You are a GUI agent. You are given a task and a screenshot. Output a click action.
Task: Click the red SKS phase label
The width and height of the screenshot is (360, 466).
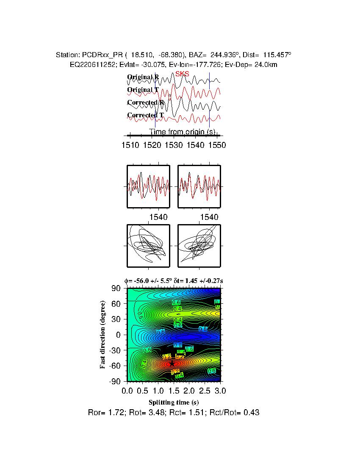(x=182, y=74)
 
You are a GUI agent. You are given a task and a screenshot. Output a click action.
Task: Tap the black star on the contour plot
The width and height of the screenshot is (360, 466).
(x=172, y=363)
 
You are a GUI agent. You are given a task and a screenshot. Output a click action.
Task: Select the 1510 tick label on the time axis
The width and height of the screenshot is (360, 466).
(x=130, y=145)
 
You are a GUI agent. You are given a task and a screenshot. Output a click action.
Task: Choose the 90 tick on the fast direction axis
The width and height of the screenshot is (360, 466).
(x=117, y=288)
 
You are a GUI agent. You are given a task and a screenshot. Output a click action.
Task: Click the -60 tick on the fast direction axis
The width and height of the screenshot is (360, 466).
(x=115, y=366)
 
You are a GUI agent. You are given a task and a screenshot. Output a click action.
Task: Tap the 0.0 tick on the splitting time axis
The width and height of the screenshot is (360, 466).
(x=127, y=390)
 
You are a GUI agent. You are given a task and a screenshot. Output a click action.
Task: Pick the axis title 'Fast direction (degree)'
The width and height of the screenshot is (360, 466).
(x=103, y=335)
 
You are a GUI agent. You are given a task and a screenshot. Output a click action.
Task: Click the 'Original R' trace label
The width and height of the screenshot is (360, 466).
(x=143, y=77)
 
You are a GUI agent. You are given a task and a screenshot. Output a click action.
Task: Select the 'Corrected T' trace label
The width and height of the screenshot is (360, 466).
(x=145, y=115)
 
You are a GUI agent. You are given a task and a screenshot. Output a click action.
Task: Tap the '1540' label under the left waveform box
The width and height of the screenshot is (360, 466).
(x=159, y=217)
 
